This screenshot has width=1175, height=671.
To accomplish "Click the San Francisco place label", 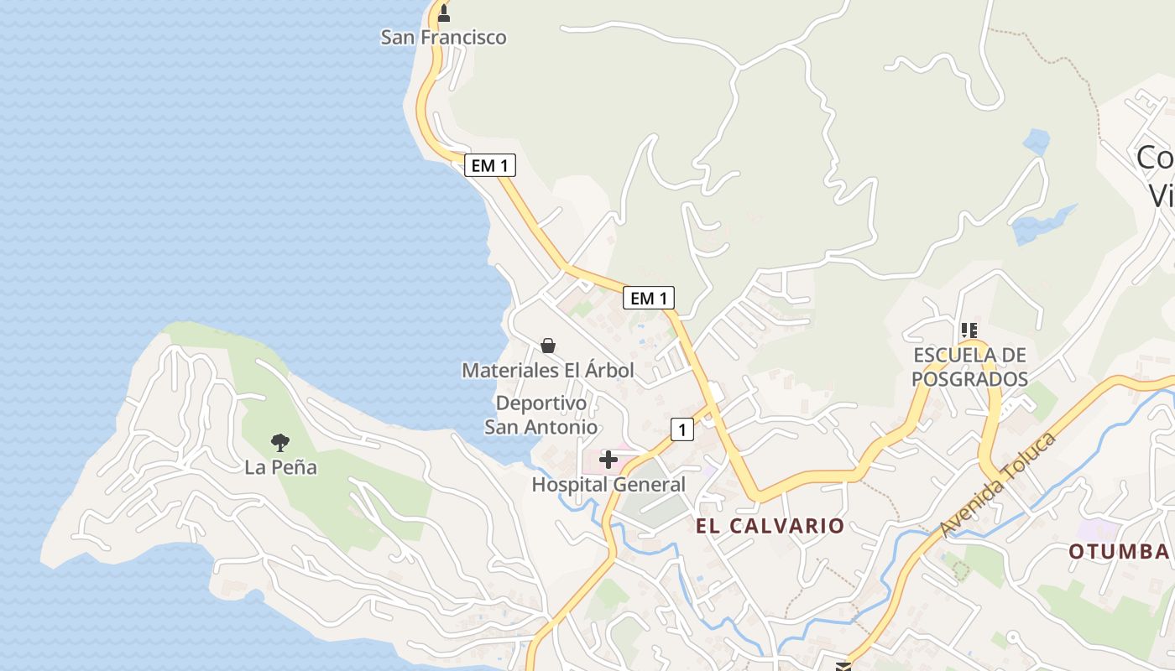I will pyautogui.click(x=443, y=37).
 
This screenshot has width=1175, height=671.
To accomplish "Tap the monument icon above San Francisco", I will pyautogui.click(x=444, y=13).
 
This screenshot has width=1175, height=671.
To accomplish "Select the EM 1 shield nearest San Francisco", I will pyautogui.click(x=489, y=165).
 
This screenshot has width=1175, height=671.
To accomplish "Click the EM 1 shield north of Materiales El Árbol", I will pyautogui.click(x=648, y=298).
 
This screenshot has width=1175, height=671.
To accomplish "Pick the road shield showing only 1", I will pyautogui.click(x=682, y=430).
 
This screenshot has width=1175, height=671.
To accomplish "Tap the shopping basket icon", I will pyautogui.click(x=548, y=346).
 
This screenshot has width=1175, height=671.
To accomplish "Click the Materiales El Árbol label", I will pyautogui.click(x=548, y=370).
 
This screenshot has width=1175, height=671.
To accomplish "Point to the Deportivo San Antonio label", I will pyautogui.click(x=541, y=415).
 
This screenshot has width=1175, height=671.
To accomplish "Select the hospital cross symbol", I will pyautogui.click(x=608, y=460).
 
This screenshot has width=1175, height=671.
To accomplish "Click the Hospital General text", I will pyautogui.click(x=608, y=485).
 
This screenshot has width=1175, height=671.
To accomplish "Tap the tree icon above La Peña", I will pyautogui.click(x=280, y=442).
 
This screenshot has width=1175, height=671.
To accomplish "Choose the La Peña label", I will pyautogui.click(x=280, y=467).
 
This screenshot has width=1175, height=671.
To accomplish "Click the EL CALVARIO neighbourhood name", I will pyautogui.click(x=770, y=526).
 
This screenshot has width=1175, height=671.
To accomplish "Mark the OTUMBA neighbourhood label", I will pyautogui.click(x=1119, y=551).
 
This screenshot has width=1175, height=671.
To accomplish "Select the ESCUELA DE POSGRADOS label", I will pyautogui.click(x=969, y=367).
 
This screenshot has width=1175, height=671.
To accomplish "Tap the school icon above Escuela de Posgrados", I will pyautogui.click(x=969, y=330).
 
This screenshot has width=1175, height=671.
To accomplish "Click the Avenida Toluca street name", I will pyautogui.click(x=997, y=486).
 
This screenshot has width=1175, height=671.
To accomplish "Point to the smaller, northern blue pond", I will pyautogui.click(x=1037, y=141).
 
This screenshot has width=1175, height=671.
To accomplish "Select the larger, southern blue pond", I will pyautogui.click(x=1039, y=225).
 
